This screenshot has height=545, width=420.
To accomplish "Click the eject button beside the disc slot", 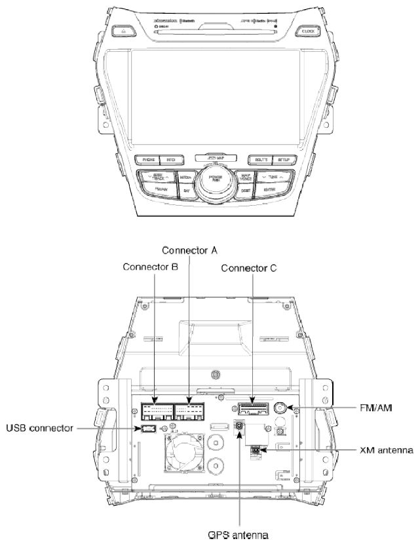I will point(123,31).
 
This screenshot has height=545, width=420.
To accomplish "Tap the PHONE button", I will point(145,160).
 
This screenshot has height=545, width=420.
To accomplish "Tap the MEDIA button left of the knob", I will point(185,178).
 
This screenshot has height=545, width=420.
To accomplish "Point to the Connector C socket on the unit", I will point(252,409).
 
